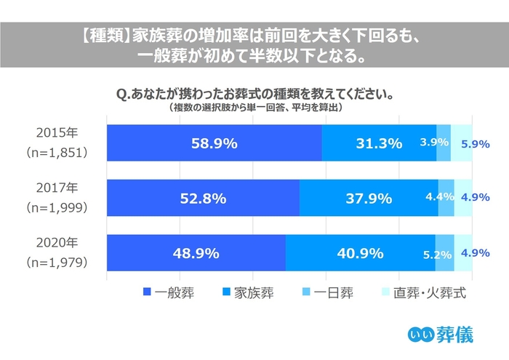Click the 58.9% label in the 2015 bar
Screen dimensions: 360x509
point(213,143)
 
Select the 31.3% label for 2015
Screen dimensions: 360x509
point(378,143)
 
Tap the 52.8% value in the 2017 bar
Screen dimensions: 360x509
point(203,198)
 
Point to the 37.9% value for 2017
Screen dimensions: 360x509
point(368,198)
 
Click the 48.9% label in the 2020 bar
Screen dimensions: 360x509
point(195,254)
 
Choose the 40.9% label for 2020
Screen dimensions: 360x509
point(359,254)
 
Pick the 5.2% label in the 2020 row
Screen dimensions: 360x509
point(437,255)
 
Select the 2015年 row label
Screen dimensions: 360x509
point(57,135)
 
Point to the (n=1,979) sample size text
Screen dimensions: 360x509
point(57,262)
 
